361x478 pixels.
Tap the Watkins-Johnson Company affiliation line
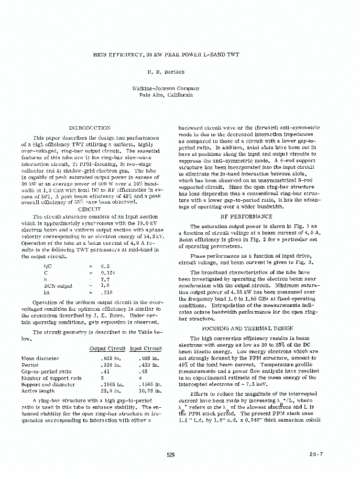click(166, 88)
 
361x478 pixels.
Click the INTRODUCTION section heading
click(89, 128)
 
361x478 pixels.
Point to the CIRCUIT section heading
click(89, 209)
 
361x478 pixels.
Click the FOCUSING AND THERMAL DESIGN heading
click(248, 328)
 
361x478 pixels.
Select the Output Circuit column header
click(108, 348)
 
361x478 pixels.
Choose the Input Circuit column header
click(146, 348)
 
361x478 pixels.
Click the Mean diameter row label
click(40, 358)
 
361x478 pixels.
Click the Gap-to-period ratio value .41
click(105, 371)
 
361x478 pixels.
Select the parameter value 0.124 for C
click(106, 272)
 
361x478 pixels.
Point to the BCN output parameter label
click(57, 286)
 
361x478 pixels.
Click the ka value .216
click(107, 293)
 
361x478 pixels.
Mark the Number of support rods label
click(51, 378)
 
